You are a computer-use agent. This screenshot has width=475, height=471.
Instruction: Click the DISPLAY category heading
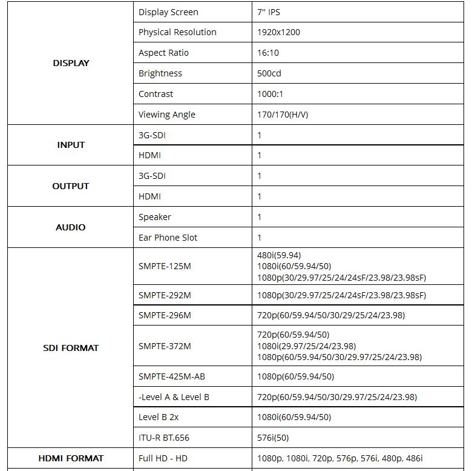[x=71, y=63]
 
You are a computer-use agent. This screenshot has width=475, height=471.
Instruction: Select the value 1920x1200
[x=278, y=32]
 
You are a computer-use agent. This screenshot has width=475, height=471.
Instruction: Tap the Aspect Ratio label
[x=163, y=53]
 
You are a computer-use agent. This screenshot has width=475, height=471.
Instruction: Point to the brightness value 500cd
[x=269, y=73]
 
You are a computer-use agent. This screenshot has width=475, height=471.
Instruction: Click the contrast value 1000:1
[x=270, y=94]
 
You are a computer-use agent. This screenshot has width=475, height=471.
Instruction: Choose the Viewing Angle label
[x=166, y=115]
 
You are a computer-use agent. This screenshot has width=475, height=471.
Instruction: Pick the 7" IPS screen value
[x=269, y=12]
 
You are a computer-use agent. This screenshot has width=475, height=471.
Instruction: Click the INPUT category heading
[x=71, y=145]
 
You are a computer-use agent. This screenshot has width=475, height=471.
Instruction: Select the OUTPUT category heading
[x=71, y=186]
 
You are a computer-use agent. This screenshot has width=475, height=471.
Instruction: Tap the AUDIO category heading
[x=71, y=227]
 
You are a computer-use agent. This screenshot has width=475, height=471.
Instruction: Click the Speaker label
[x=155, y=217]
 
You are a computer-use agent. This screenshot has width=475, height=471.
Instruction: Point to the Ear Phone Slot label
[x=168, y=238]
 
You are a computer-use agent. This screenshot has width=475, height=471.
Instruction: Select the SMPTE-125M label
[x=165, y=266]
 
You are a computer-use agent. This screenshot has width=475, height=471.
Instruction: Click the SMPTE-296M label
[x=165, y=315]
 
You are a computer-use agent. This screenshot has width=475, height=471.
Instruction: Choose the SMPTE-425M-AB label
[x=172, y=376]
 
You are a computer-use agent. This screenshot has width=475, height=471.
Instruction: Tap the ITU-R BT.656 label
[x=164, y=438]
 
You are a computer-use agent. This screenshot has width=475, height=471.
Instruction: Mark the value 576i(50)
[x=273, y=438]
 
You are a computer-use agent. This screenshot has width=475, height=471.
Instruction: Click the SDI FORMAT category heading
[x=71, y=348]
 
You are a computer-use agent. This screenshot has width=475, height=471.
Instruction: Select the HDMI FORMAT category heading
[x=71, y=458]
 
